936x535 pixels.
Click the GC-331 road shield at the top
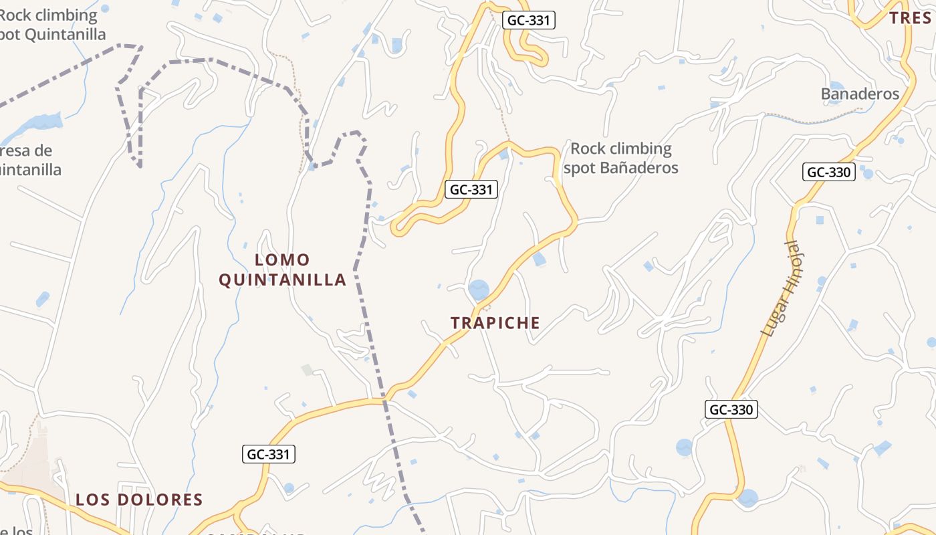[x=528, y=20]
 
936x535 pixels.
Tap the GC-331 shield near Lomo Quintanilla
[x=471, y=189]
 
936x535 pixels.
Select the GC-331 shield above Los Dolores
[x=268, y=455]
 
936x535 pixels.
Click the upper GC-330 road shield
[x=829, y=172]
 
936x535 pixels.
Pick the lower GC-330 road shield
[x=731, y=409]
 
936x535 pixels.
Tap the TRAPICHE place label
[x=495, y=323]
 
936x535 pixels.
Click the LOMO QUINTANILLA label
[x=283, y=270]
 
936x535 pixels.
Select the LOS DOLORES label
[x=139, y=500]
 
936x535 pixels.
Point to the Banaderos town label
[x=860, y=94]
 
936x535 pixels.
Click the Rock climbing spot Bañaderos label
[x=620, y=158]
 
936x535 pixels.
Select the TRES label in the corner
[x=911, y=18]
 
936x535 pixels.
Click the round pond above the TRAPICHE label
[x=479, y=290]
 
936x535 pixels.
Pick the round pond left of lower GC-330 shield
[x=685, y=447]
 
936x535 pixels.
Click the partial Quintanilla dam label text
[x=30, y=160]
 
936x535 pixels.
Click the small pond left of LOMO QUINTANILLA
[x=43, y=298]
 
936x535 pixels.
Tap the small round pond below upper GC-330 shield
[x=868, y=174]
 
